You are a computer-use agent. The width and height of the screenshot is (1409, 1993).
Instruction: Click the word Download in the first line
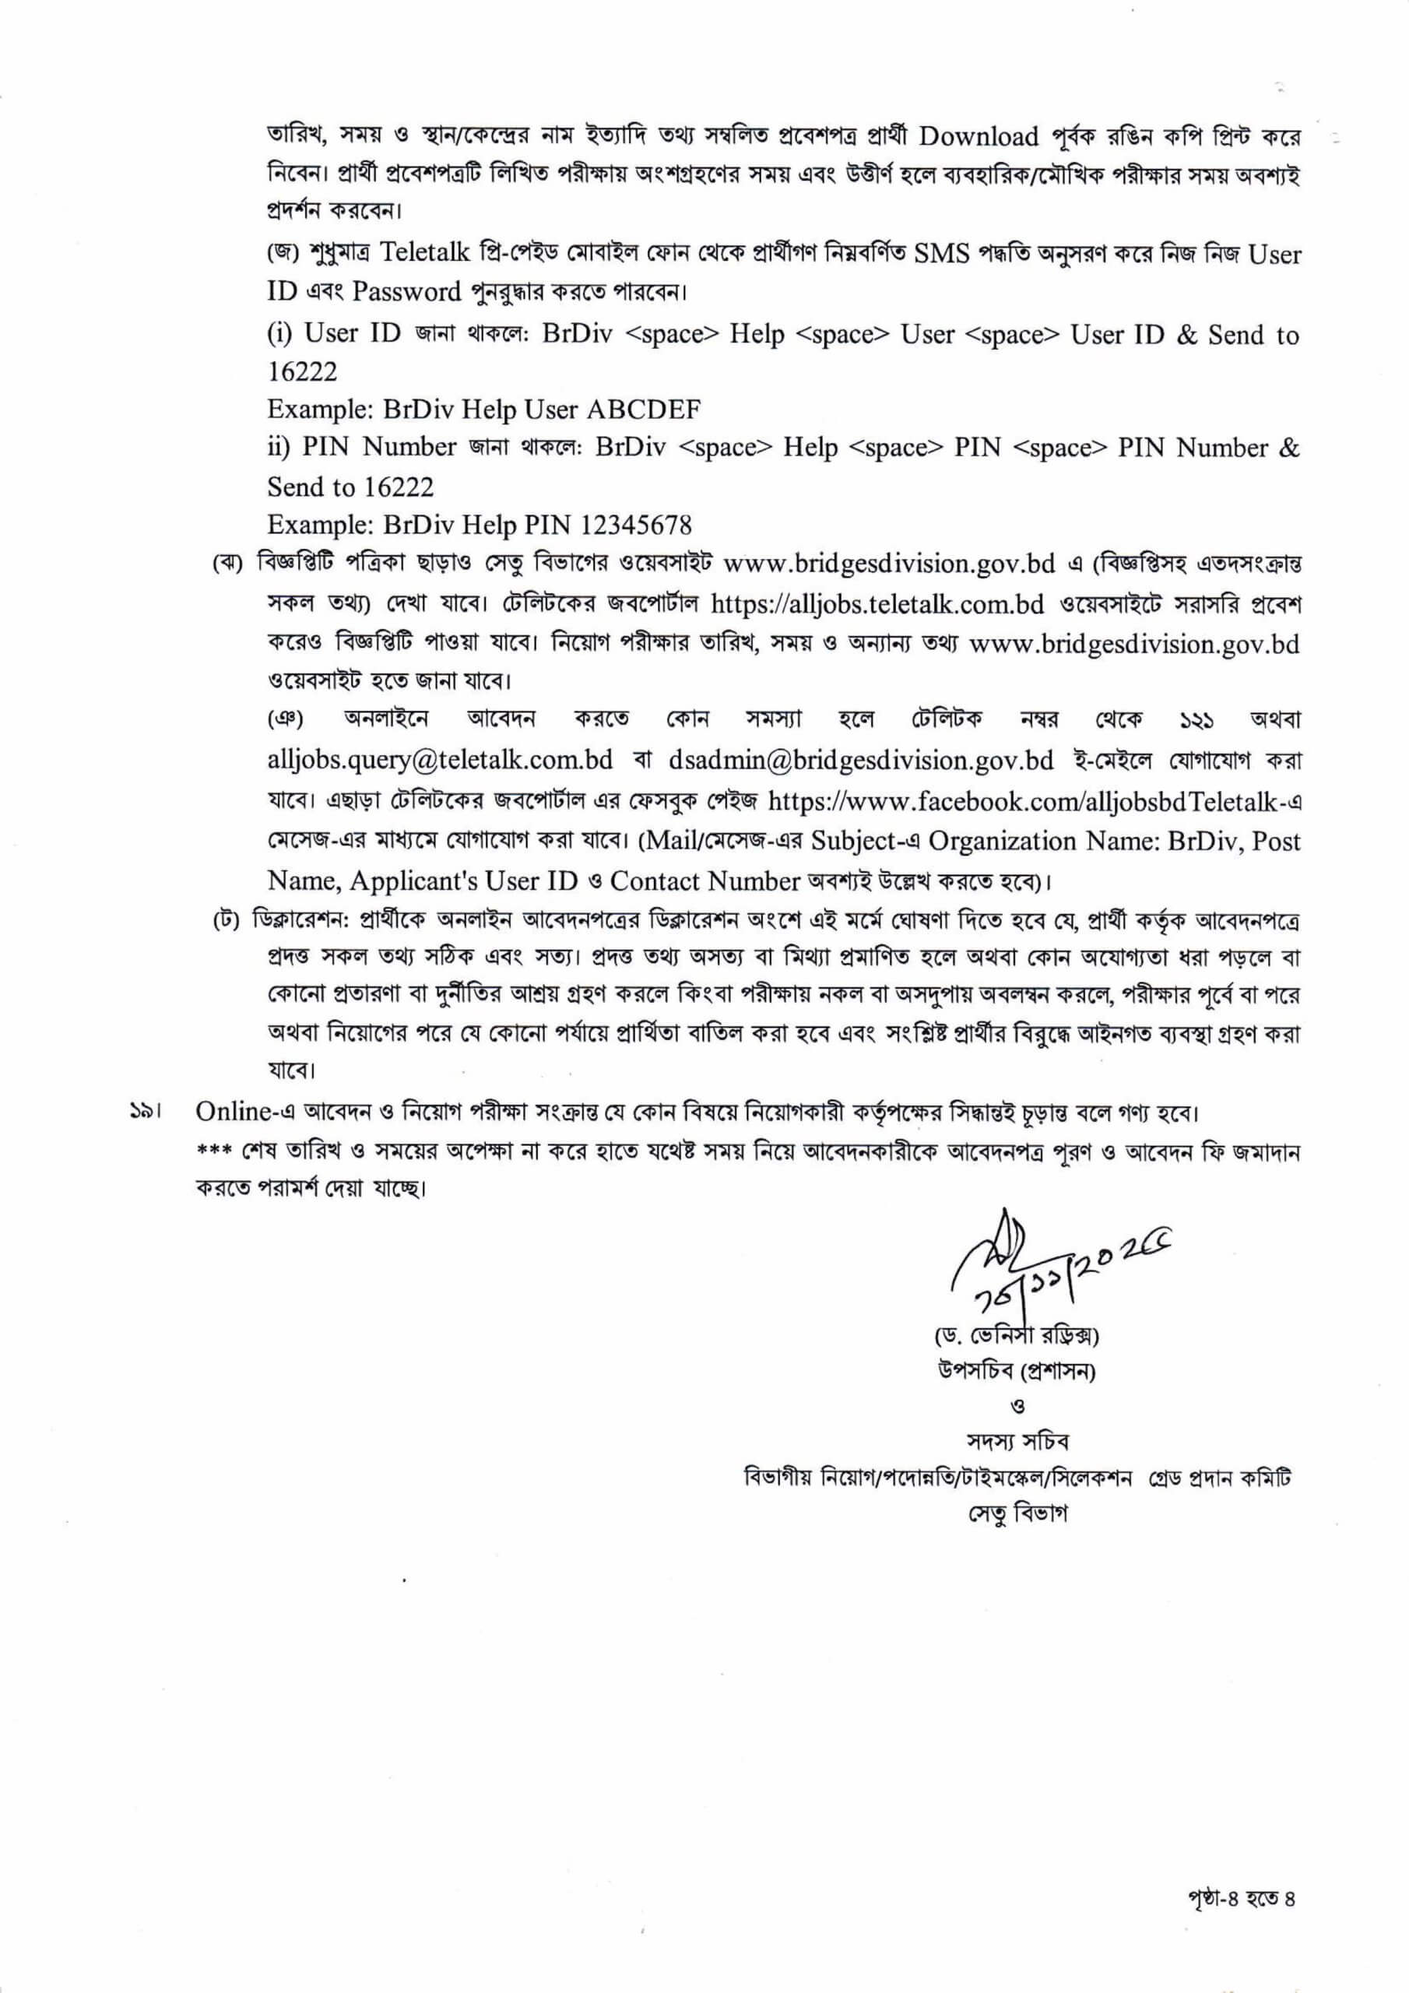click(x=979, y=136)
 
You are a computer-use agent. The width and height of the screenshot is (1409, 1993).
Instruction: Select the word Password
click(x=406, y=292)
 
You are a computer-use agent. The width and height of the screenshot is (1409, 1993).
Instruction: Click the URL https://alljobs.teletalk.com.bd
click(x=877, y=604)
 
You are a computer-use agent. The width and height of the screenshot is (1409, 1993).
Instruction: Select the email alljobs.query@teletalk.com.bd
click(x=440, y=761)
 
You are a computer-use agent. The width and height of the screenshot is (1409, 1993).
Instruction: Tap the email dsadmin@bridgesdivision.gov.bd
click(x=861, y=761)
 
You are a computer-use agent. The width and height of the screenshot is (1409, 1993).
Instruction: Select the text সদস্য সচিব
click(x=1018, y=1442)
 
